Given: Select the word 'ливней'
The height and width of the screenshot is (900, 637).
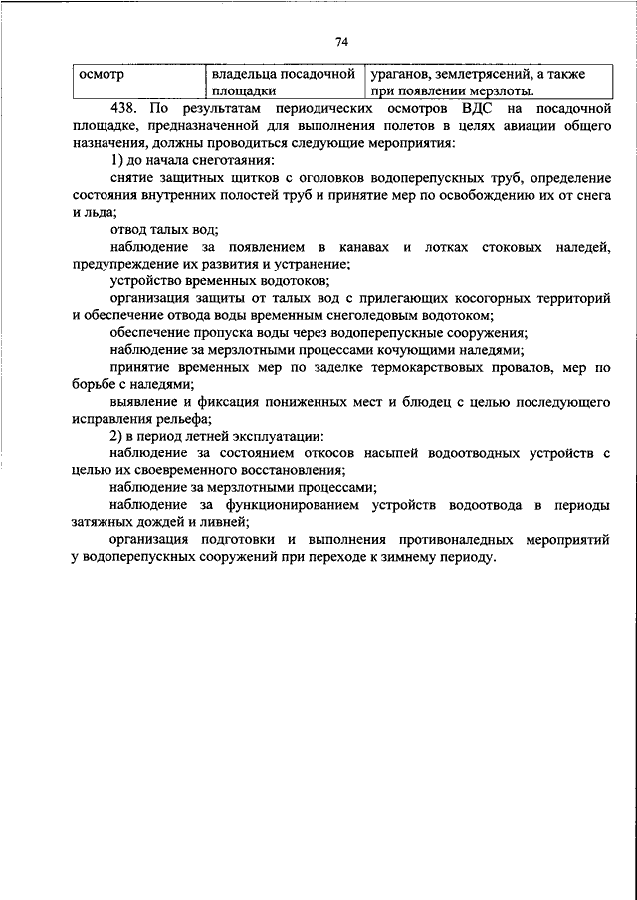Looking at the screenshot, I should coord(225,523).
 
